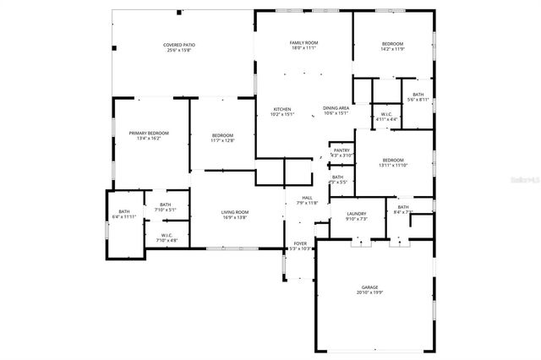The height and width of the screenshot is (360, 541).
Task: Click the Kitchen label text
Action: point(282,110)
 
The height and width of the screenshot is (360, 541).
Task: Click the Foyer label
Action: point(301,245)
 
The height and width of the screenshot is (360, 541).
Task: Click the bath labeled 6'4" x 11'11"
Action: point(124,217)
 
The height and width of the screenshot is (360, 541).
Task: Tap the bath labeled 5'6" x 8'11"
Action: point(418,100)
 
